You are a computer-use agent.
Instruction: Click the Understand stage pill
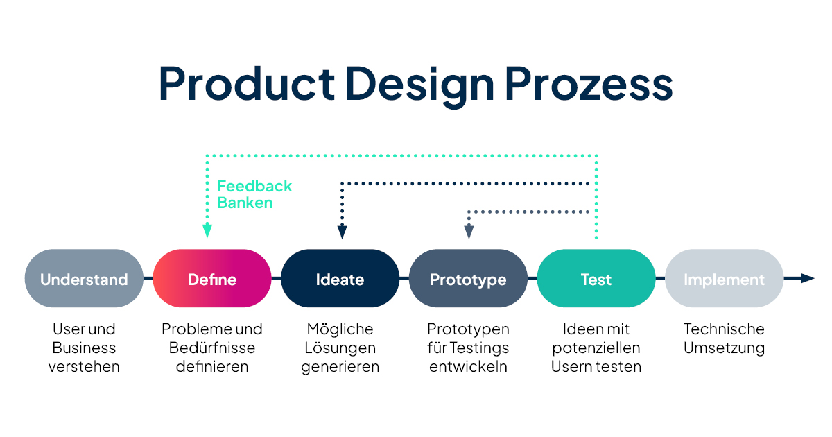point(84,278)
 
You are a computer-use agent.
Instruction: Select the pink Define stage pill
point(212,278)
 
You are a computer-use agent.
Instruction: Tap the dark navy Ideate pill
point(340,278)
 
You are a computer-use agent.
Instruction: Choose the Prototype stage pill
point(468,278)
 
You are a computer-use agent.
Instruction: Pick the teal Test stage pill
point(596,278)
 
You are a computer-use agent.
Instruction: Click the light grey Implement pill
point(725,278)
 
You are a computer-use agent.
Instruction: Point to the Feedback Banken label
point(254,194)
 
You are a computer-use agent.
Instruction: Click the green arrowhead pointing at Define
point(207,231)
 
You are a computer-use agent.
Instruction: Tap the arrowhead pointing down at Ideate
point(342,232)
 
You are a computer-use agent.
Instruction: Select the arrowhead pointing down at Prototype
point(469,232)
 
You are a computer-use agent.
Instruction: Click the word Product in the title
point(247,84)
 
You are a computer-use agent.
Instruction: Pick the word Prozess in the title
point(589,84)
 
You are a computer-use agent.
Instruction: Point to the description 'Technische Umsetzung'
point(725,339)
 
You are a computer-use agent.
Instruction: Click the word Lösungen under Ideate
point(340,348)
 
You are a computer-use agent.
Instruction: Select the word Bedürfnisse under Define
point(212,348)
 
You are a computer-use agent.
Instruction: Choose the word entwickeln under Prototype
point(468,366)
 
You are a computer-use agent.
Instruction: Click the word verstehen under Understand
point(84,366)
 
